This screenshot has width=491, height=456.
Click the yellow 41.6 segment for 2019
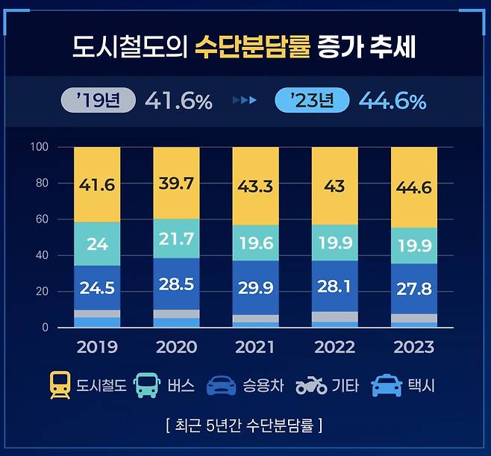(97, 184)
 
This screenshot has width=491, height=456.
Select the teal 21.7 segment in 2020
(176, 239)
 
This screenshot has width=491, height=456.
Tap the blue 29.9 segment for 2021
(255, 287)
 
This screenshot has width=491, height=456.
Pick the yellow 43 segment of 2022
(334, 186)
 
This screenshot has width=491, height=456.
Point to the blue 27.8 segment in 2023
(413, 288)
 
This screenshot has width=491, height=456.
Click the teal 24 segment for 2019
(97, 244)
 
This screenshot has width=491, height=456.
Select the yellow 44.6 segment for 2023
(413, 187)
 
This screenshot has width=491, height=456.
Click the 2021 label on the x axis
(255, 348)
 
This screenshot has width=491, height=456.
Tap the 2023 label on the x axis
(413, 348)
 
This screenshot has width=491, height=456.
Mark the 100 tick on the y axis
(39, 147)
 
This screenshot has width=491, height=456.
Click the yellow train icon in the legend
(60, 386)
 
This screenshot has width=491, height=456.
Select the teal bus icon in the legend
(146, 386)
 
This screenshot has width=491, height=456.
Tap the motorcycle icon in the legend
(311, 386)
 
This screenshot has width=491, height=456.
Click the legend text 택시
(419, 387)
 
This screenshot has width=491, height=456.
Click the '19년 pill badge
(98, 100)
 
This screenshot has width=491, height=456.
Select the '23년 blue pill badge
(312, 100)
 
